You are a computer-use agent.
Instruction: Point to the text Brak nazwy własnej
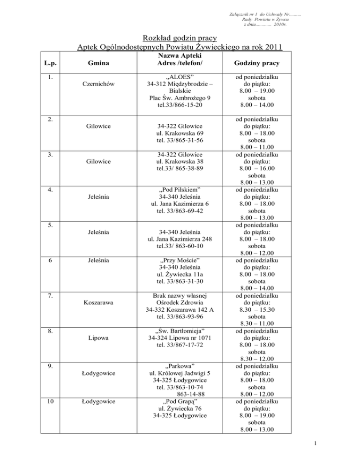coord(180,296)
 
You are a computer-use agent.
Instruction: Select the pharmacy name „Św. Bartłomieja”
coord(180,333)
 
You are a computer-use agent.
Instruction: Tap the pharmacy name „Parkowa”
coord(180,365)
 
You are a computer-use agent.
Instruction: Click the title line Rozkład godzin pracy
coord(180,37)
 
